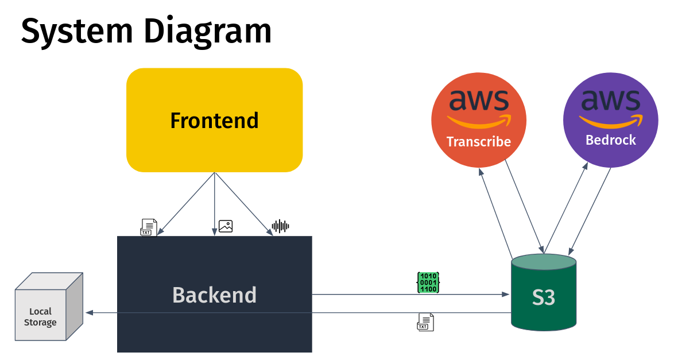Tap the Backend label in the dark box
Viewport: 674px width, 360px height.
214,295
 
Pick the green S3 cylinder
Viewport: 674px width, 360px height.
543,296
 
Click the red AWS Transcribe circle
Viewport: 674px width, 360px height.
479,119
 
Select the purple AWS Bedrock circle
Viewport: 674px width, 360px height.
610,119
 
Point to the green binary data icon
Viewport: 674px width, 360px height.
428,283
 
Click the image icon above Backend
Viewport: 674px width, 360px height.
226,226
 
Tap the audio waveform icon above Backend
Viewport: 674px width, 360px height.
280,226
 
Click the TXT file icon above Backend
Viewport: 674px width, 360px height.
148,227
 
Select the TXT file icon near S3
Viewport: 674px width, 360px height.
425,322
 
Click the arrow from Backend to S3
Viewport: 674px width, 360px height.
410,295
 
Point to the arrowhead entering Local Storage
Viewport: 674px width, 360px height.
90,313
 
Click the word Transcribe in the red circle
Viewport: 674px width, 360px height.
479,142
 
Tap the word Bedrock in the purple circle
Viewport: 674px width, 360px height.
610,140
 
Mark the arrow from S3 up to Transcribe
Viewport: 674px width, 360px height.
495,212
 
